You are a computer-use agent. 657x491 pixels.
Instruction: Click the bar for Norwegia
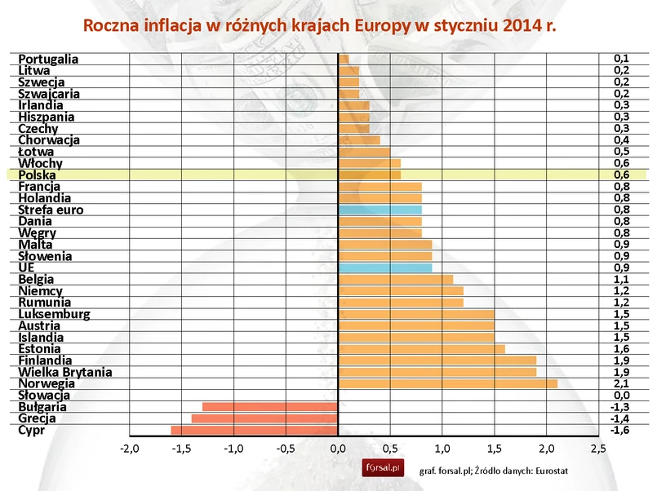click(x=447, y=383)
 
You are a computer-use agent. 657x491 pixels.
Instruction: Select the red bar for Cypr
click(x=255, y=430)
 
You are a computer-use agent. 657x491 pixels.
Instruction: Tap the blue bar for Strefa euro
click(x=380, y=210)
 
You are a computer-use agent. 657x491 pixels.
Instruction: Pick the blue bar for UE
click(x=384, y=268)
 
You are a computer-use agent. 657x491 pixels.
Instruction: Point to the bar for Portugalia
click(x=344, y=59)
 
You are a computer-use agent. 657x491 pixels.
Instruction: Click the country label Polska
click(x=37, y=175)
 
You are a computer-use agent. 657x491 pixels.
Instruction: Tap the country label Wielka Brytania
click(x=64, y=372)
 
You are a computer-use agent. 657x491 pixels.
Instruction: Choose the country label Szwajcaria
click(x=49, y=94)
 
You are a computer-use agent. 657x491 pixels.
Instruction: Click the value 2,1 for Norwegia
click(x=621, y=383)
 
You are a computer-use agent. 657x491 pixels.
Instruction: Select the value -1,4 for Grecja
click(x=620, y=418)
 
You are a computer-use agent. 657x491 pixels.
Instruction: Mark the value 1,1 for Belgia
click(x=621, y=279)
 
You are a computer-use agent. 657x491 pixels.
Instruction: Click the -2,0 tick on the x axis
click(x=129, y=449)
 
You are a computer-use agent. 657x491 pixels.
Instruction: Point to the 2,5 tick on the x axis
click(x=598, y=449)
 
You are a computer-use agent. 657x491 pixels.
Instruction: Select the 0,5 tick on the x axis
click(x=390, y=449)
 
